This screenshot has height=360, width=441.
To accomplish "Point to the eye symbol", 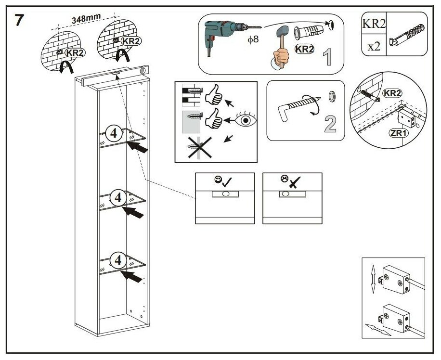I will (247, 119).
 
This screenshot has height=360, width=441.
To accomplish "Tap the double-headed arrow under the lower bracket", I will (378, 330).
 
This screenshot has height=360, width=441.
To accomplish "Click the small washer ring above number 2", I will (332, 96).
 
